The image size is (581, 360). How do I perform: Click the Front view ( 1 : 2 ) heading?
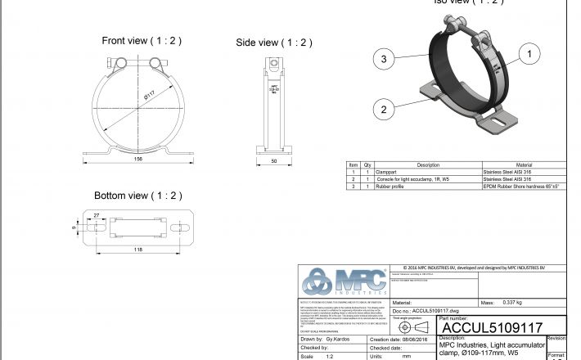[141, 40]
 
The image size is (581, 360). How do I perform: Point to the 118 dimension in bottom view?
[140, 250]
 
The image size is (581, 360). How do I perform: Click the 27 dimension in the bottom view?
[96, 214]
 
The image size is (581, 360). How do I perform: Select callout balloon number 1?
[529, 55]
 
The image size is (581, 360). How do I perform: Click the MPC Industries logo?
[344, 281]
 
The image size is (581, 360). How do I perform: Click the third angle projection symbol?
[413, 326]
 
